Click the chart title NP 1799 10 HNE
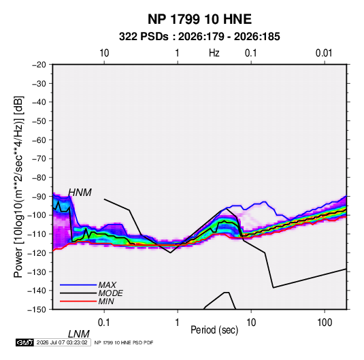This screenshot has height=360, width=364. point(199,19)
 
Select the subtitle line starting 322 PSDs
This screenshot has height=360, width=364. point(199,37)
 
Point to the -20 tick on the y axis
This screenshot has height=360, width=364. point(39,65)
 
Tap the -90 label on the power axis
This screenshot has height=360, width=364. point(39,196)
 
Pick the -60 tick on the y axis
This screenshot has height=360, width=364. point(39,140)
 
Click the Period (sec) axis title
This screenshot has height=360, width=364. point(214,330)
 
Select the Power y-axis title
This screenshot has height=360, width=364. point(18,187)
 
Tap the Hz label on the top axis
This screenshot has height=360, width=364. point(214,53)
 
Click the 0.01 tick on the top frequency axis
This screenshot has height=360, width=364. point(324,53)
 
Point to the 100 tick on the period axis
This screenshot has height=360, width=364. point(325,323)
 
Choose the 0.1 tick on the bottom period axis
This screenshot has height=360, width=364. point(104,323)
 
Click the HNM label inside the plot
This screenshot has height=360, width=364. point(80,193)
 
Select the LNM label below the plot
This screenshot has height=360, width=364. point(79,334)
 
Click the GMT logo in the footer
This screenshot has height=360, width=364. point(25,342)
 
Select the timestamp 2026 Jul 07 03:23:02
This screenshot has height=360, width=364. point(62,342)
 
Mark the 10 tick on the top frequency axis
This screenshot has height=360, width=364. point(104,53)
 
